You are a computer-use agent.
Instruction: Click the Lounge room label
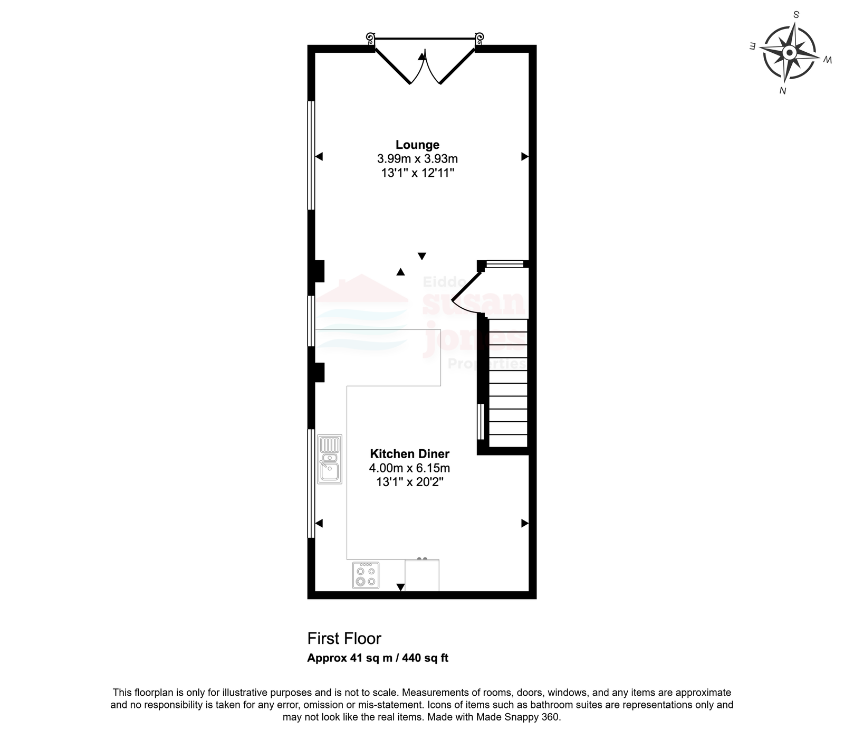[417, 145]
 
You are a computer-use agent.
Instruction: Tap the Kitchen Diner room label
[409, 453]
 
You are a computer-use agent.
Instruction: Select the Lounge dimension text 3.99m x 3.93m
[417, 158]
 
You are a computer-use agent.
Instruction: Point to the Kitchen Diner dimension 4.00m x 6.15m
[409, 468]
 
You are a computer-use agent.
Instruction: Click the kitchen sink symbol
[330, 459]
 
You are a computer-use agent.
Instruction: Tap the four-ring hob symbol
[366, 575]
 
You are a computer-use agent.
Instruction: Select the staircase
[508, 383]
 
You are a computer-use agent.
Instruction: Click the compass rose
[789, 53]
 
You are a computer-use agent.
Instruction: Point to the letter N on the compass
[783, 91]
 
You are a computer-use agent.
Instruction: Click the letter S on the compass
[797, 14]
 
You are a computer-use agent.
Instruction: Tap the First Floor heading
[344, 639]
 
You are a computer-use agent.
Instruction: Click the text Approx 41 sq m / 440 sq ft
[378, 658]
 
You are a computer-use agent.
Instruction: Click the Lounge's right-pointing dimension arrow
[525, 156]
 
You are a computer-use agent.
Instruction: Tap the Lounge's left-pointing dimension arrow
[319, 156]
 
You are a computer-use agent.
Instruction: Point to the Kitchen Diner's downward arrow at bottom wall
[400, 587]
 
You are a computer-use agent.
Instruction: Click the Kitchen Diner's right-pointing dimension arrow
[525, 523]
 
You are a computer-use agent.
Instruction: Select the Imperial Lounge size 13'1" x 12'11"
[417, 173]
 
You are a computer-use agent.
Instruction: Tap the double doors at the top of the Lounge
[425, 61]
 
